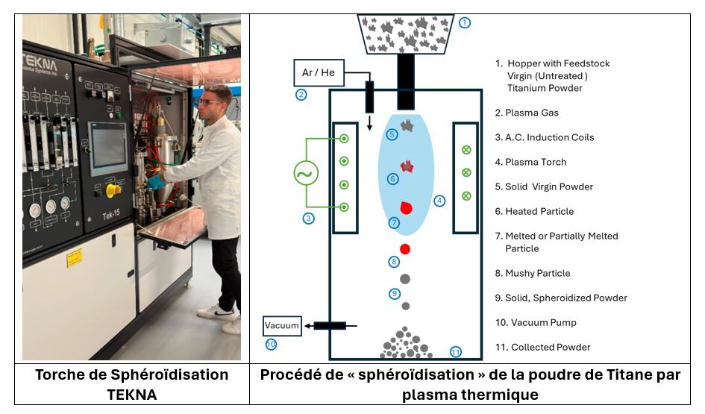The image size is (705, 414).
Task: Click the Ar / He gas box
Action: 317,74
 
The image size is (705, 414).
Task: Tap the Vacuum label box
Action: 282,325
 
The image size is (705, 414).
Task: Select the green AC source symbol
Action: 307,174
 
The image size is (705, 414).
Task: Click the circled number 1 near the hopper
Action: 465,22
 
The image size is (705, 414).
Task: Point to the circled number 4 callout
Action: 440,200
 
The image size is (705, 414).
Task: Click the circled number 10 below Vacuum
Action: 271,344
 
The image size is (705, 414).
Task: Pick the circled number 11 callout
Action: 456,351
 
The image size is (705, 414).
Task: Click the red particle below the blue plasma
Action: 405,248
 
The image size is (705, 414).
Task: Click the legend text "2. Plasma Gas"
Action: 527,113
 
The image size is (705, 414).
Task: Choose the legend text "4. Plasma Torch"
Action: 531,162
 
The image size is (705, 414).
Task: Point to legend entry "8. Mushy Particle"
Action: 533,273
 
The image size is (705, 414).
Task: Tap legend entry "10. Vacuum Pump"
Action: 536,322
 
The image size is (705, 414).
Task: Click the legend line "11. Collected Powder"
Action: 543,347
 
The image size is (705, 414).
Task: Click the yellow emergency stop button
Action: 113,189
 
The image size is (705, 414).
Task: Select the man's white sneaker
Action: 217,312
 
